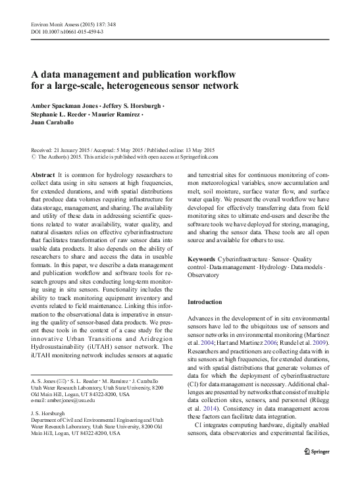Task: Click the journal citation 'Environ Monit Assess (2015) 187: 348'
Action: pos(74,23)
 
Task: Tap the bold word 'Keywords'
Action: pos(201,260)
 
